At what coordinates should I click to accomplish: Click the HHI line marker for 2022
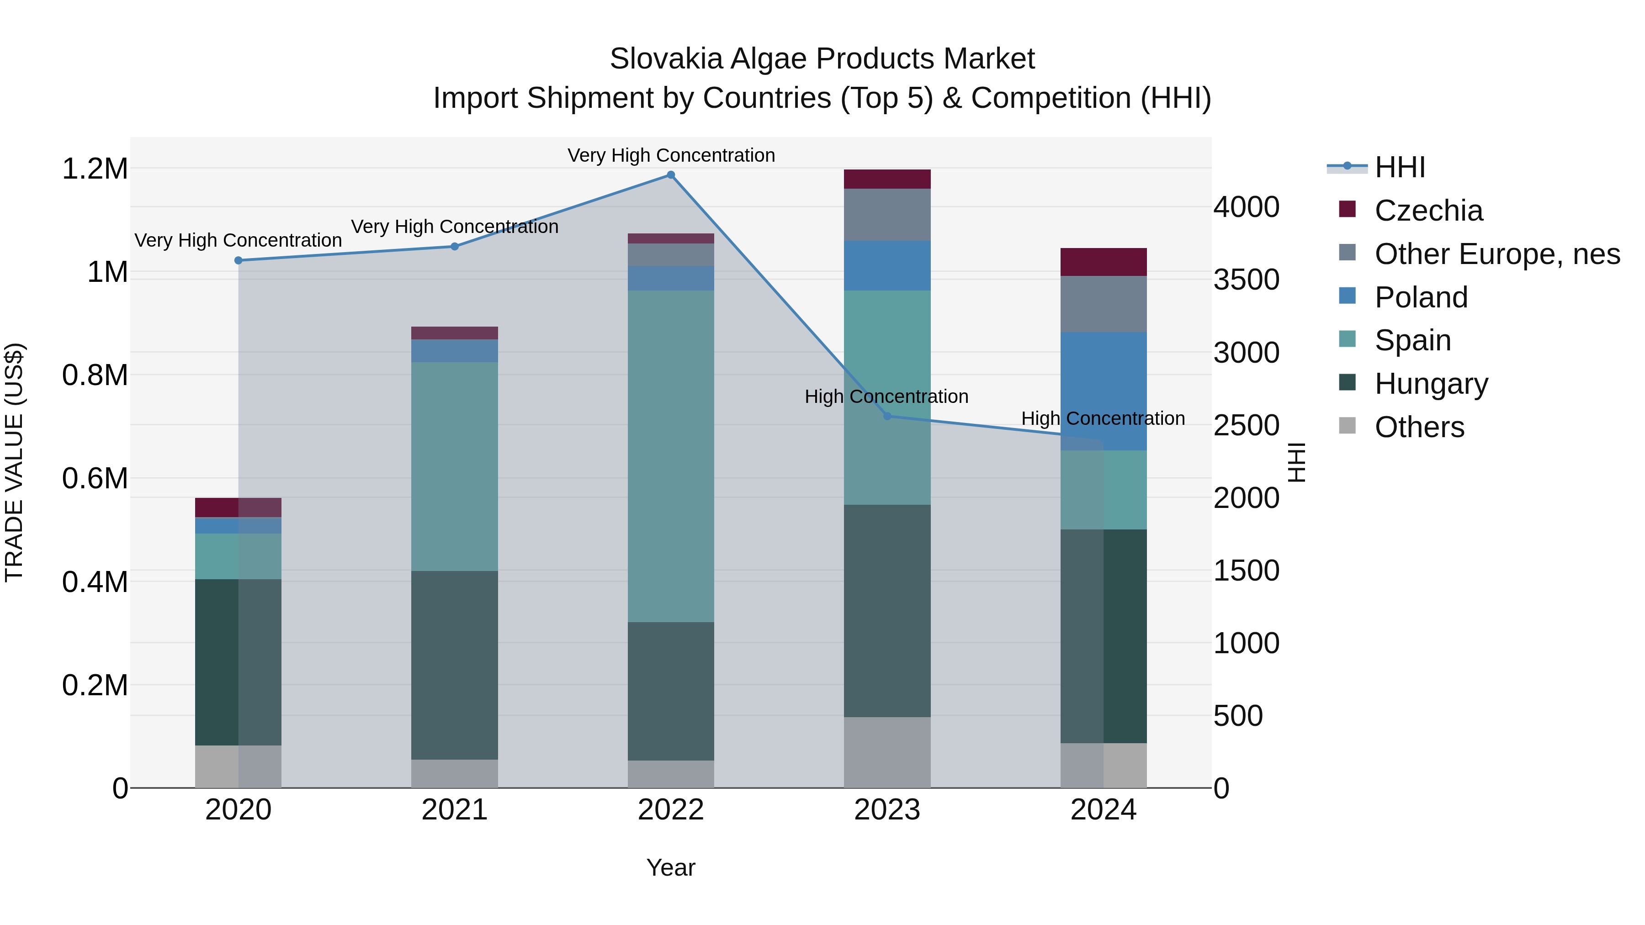670,175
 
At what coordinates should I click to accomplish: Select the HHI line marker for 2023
887,416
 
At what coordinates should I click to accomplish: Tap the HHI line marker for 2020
238,260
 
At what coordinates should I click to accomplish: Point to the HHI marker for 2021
455,246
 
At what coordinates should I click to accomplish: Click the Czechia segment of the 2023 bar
887,180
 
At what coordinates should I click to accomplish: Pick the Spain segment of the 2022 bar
670,456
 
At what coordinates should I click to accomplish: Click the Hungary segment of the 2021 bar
455,665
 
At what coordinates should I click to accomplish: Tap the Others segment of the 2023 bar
887,752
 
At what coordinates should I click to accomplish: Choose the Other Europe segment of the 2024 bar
1104,304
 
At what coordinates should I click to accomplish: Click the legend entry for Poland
1420,297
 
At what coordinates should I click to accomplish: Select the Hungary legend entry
1430,384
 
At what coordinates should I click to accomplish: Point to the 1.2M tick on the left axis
95,169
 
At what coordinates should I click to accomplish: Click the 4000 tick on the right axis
1246,207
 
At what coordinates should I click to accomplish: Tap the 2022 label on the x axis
670,810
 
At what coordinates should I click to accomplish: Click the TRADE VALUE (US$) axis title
14,462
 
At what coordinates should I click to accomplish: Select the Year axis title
670,867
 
